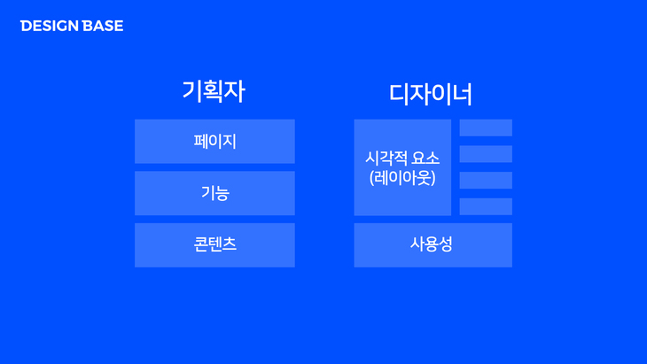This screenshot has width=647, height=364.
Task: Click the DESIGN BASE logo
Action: point(72,26)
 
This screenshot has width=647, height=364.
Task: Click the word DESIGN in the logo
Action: point(50,26)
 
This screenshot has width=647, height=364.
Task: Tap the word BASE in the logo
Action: point(103,26)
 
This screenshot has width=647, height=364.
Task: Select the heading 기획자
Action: point(214,91)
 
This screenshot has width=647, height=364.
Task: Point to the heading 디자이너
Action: point(431,94)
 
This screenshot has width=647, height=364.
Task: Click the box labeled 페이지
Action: point(214,142)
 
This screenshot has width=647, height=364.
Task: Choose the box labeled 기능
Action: point(214,193)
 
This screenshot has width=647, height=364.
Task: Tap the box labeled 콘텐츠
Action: point(214,245)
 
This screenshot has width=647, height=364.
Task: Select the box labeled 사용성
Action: point(433,245)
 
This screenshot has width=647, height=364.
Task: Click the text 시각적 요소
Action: point(402,159)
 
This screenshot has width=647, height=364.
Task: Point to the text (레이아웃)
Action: point(402,178)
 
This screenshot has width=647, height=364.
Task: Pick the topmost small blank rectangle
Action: point(486,128)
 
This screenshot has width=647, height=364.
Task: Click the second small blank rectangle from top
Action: point(486,154)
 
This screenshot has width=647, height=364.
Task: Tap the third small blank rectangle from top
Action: point(486,180)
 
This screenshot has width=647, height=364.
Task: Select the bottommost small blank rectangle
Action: point(486,206)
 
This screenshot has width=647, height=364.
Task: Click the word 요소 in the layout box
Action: point(425,159)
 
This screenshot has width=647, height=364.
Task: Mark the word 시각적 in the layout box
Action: point(386,159)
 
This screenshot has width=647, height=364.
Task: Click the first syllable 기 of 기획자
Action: point(191,91)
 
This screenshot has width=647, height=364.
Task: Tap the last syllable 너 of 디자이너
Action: point(462,95)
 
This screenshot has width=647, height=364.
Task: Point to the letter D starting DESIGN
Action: point(25,26)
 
